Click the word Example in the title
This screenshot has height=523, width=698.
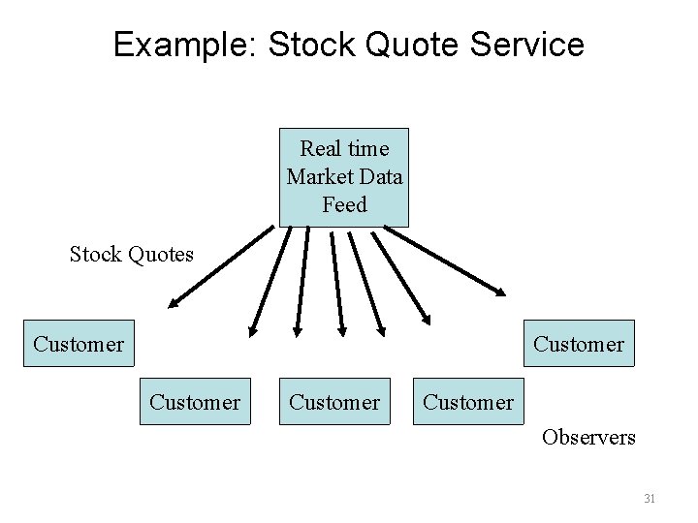183,45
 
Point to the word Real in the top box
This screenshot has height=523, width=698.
321,149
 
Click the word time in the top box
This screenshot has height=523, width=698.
367,149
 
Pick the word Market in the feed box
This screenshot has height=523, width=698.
317,176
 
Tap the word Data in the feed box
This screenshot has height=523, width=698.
379,176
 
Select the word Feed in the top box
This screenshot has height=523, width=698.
344,204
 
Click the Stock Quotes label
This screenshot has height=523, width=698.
132,255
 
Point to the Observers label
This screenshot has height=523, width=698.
589,437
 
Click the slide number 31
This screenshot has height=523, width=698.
650,499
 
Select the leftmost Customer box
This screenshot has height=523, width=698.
79,344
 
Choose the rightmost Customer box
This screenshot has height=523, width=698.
579,344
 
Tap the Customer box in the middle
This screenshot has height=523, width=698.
335,401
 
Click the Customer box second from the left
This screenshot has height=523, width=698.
195,401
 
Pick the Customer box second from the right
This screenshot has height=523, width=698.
468,401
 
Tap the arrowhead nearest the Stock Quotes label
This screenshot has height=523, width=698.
173,302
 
